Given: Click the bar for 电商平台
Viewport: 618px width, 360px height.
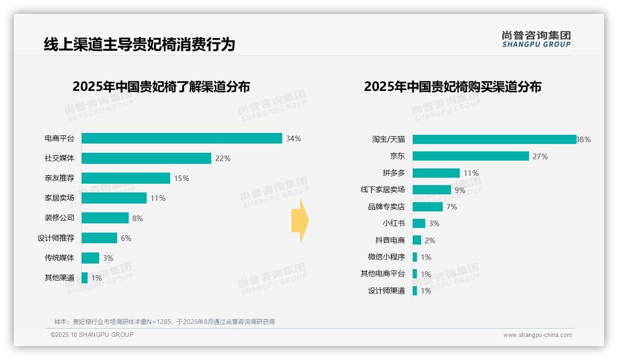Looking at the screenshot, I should [x=182, y=138].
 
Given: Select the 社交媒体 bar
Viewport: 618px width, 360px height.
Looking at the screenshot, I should [x=146, y=158].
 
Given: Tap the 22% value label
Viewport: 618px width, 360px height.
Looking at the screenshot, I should [x=223, y=158].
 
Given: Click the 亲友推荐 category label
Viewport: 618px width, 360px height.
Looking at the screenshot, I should [x=59, y=178].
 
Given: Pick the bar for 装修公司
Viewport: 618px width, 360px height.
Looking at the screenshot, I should [x=105, y=218].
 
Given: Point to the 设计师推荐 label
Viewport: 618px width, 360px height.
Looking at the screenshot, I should [x=56, y=238].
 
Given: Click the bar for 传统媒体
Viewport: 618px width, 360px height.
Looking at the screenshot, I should [x=90, y=258].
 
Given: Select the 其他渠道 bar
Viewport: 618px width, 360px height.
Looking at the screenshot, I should [x=85, y=278].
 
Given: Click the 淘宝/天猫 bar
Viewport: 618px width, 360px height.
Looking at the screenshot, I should [x=494, y=139].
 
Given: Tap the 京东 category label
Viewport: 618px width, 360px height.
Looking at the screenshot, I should [x=397, y=156].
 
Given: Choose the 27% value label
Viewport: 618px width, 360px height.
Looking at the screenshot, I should [x=540, y=156].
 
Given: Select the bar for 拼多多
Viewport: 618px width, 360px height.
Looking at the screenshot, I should [x=436, y=173].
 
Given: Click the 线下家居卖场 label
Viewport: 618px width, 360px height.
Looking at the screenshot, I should [x=382, y=190].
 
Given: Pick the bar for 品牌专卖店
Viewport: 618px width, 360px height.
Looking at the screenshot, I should [x=428, y=207].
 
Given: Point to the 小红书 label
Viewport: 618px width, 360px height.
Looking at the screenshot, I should [x=393, y=223].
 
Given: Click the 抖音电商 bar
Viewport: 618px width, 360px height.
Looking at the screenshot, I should [x=417, y=240].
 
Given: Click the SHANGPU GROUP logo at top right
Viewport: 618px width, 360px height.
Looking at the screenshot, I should [x=536, y=39].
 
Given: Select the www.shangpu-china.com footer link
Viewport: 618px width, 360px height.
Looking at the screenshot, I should [x=537, y=335].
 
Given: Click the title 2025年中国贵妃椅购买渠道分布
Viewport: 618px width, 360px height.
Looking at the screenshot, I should [x=452, y=87].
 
